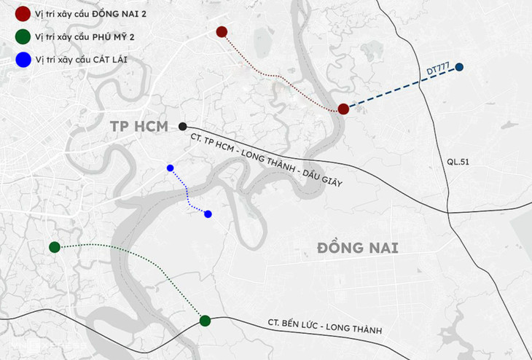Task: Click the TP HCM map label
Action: tap(139, 127)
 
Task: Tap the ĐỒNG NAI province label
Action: tap(361, 249)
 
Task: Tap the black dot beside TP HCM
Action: tap(182, 126)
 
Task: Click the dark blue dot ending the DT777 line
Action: tap(460, 68)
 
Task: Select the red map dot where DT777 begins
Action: tap(343, 109)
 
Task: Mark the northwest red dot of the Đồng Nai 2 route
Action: tap(222, 31)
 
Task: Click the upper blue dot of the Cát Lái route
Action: tap(171, 168)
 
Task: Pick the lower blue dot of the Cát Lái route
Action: tap(208, 214)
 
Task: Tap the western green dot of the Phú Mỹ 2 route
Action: tap(55, 248)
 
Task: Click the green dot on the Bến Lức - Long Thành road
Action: tap(205, 321)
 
